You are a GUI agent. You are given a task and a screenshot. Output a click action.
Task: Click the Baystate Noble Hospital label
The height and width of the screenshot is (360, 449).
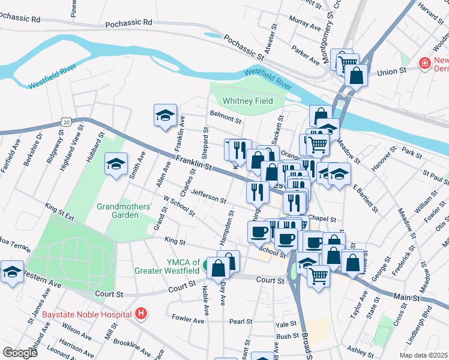click(87, 314)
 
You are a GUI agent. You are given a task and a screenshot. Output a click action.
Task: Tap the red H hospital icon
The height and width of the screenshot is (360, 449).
click(140, 313)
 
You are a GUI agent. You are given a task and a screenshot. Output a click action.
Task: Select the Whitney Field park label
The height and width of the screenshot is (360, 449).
click(247, 101)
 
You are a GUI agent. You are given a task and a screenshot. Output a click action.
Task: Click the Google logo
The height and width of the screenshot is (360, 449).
click(20, 352)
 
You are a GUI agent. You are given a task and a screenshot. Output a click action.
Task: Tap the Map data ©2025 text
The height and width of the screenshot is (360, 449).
click(423, 355)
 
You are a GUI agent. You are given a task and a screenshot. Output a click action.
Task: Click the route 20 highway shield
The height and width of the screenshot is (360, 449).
click(67, 121)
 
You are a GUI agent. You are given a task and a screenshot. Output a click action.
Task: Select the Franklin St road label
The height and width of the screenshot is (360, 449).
click(196, 164)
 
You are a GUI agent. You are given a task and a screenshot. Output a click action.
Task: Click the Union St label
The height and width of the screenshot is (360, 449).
click(392, 71)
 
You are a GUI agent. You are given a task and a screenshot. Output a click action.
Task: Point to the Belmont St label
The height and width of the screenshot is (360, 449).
click(225, 116)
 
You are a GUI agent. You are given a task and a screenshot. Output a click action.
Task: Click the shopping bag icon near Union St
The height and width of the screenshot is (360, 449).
click(356, 76)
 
